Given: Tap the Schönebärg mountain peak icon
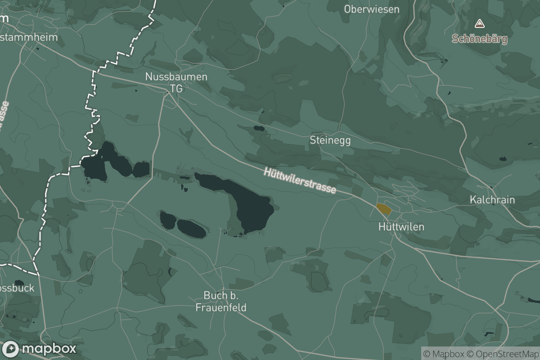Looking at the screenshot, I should click(480, 23).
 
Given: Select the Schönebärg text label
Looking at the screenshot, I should click(480, 39).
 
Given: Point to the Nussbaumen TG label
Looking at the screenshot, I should click(176, 82).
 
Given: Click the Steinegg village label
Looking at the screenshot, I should click(330, 140).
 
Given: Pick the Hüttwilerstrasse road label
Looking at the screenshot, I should click(300, 180).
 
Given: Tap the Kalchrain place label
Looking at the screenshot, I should click(492, 200).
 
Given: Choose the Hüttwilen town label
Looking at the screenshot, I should click(401, 226).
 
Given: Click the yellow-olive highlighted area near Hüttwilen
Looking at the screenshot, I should click(383, 209).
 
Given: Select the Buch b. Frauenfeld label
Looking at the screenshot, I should click(220, 301).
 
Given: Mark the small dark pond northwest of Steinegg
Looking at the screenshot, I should click(259, 128).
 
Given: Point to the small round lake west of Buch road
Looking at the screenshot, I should click(168, 220).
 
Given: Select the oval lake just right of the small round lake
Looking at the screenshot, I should click(191, 229).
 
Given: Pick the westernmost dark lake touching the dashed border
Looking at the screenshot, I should click(96, 166).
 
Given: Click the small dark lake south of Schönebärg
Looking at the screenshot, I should click(503, 159).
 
